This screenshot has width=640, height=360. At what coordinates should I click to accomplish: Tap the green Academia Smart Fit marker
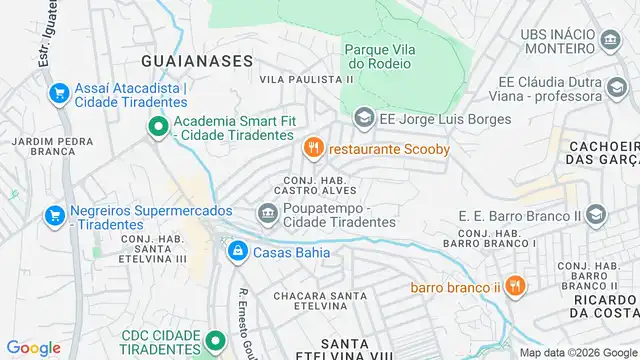pos(157,127)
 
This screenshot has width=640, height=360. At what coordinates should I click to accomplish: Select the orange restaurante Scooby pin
pos(313,149)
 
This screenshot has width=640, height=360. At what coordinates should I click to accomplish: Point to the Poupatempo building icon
pos(267,212)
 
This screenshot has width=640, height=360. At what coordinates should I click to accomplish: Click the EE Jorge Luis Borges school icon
pos(364,118)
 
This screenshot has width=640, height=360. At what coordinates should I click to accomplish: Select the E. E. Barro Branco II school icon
pos(596,215)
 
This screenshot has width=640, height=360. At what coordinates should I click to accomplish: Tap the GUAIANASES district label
pos(196,60)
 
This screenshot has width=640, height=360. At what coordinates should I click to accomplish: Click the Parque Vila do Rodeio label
pos(377,56)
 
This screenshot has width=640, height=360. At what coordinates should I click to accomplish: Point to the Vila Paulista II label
pos(308,78)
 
